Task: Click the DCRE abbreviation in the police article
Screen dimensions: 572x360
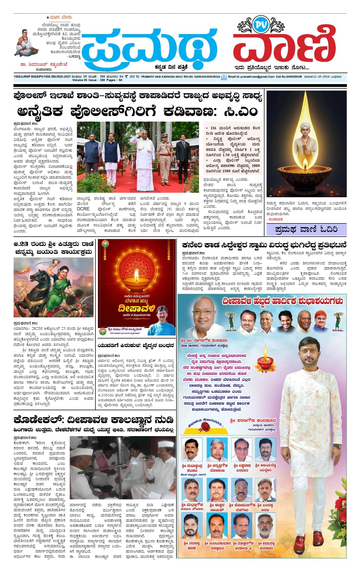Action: [83, 209]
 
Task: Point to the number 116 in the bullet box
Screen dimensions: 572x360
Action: [213, 128]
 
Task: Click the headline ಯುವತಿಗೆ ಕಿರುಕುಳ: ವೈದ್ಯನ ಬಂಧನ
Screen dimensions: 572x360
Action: [136, 345]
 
